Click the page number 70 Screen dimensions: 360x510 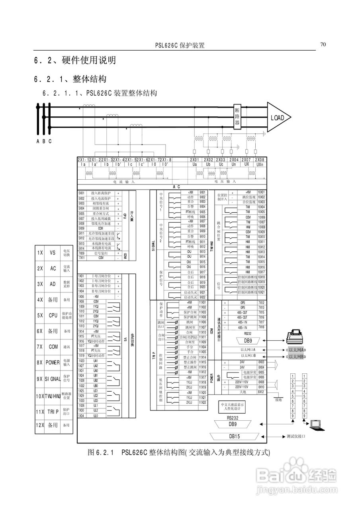pyautogui.click(x=323, y=44)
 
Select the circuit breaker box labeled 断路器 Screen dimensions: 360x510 pyautogui.click(x=237, y=117)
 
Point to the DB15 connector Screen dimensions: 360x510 pyautogui.click(x=234, y=436)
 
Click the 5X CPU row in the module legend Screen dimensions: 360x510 pyautogui.click(x=53, y=315)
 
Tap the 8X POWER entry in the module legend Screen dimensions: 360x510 pyautogui.click(x=53, y=363)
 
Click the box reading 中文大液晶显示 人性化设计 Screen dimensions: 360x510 pyautogui.click(x=232, y=406)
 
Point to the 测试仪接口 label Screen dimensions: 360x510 pyautogui.click(x=295, y=436)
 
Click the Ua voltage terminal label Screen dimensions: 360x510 pyautogui.click(x=194, y=164)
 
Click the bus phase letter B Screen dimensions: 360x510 pyautogui.click(x=44, y=141)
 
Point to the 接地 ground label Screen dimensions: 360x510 pyautogui.click(x=278, y=400)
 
